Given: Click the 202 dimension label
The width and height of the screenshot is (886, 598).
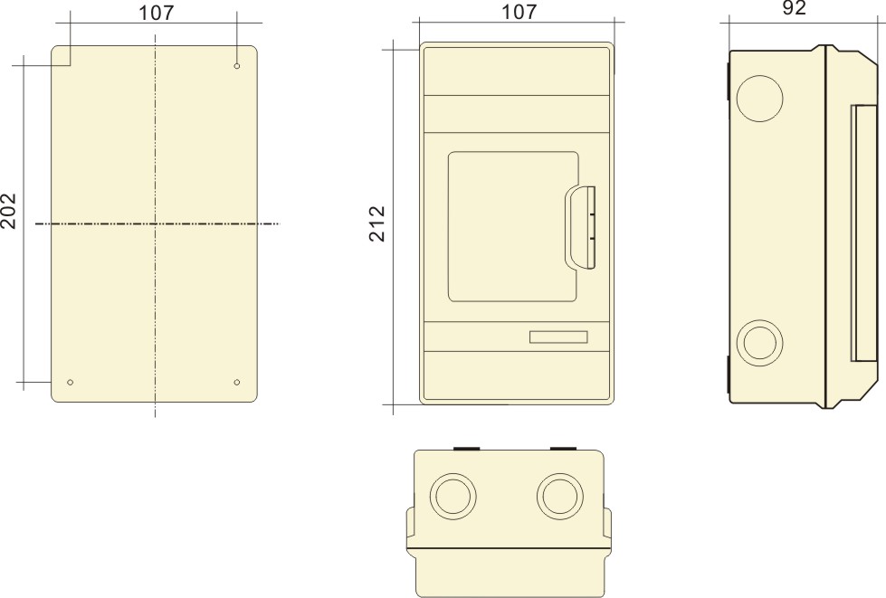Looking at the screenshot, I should pyautogui.click(x=9, y=210).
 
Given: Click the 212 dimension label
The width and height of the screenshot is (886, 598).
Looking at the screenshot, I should pyautogui.click(x=377, y=223).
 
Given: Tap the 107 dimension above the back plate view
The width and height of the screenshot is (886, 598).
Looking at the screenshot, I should pyautogui.click(x=157, y=12).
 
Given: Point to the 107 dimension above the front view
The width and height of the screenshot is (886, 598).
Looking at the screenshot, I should pyautogui.click(x=519, y=12).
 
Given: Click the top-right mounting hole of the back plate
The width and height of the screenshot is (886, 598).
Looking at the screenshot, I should pyautogui.click(x=237, y=66).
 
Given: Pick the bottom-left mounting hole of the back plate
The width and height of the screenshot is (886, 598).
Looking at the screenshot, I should pyautogui.click(x=71, y=383).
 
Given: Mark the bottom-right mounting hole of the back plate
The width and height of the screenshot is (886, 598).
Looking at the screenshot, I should pyautogui.click(x=237, y=383).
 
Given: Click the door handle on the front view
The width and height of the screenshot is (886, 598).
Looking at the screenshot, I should pyautogui.click(x=582, y=228).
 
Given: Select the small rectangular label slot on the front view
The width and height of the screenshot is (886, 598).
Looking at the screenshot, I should pyautogui.click(x=558, y=337).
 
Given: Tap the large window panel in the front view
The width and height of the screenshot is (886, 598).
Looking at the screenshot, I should pyautogui.click(x=513, y=226).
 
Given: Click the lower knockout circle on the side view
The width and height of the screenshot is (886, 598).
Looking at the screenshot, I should pyautogui.click(x=759, y=344).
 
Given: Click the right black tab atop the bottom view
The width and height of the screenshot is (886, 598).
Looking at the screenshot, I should pyautogui.click(x=562, y=447).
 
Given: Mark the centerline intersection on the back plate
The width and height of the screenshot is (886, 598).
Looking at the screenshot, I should pyautogui.click(x=156, y=223).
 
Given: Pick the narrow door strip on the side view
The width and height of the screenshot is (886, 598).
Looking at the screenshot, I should pyautogui.click(x=864, y=233).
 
